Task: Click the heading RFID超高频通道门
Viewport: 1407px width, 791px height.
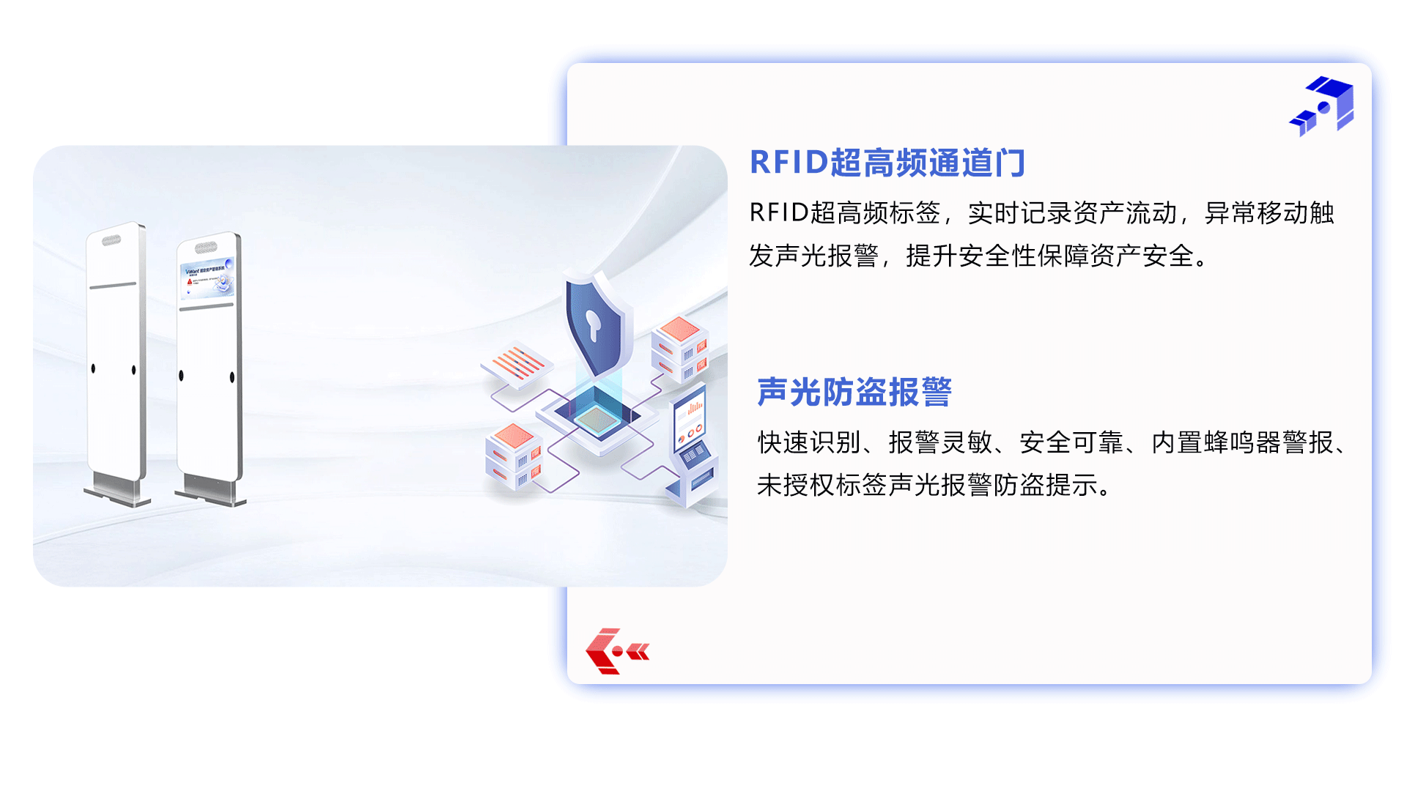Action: click(887, 163)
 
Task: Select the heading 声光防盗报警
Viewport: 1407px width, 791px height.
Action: click(854, 392)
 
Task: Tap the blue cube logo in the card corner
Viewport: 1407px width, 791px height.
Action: click(1321, 106)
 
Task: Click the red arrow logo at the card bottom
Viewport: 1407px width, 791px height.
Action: click(617, 651)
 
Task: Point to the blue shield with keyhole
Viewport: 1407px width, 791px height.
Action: click(595, 324)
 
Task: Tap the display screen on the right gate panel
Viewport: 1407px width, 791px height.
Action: click(207, 278)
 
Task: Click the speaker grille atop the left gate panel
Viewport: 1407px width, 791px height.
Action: click(111, 240)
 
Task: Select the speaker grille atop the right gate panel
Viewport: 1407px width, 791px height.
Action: click(206, 247)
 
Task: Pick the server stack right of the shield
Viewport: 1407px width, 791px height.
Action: click(680, 349)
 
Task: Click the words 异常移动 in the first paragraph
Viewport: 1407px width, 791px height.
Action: click(1256, 213)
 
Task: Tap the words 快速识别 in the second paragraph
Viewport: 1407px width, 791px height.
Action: click(809, 442)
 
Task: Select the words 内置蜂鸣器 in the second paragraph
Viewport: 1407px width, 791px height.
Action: click(1216, 442)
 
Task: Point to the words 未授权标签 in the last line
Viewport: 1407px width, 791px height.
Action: click(822, 485)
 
